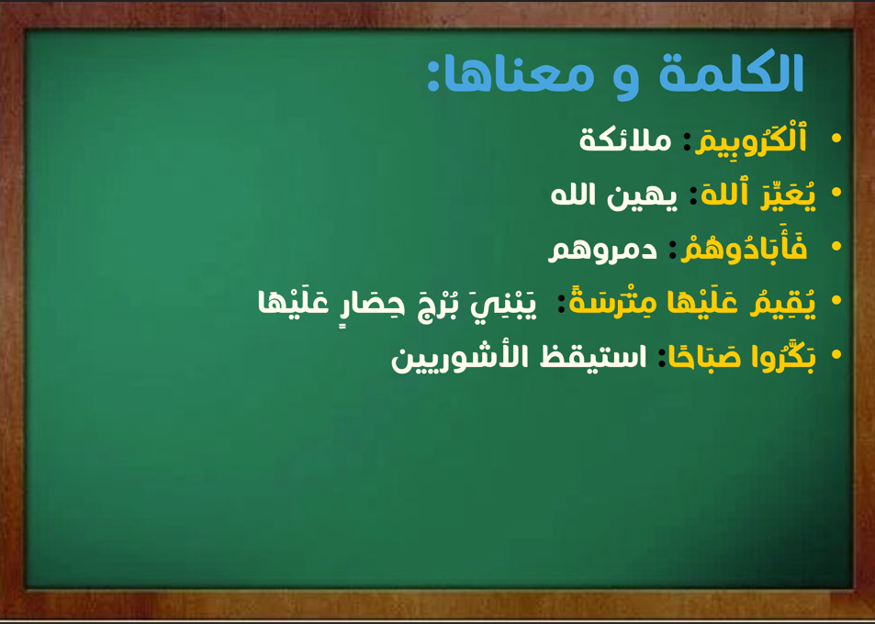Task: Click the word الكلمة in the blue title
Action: coord(731,73)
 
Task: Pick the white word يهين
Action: coord(643,196)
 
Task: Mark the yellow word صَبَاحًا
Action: coord(700,357)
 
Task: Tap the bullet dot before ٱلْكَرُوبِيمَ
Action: coord(836,139)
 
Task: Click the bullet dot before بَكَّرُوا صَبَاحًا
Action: coord(836,355)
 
